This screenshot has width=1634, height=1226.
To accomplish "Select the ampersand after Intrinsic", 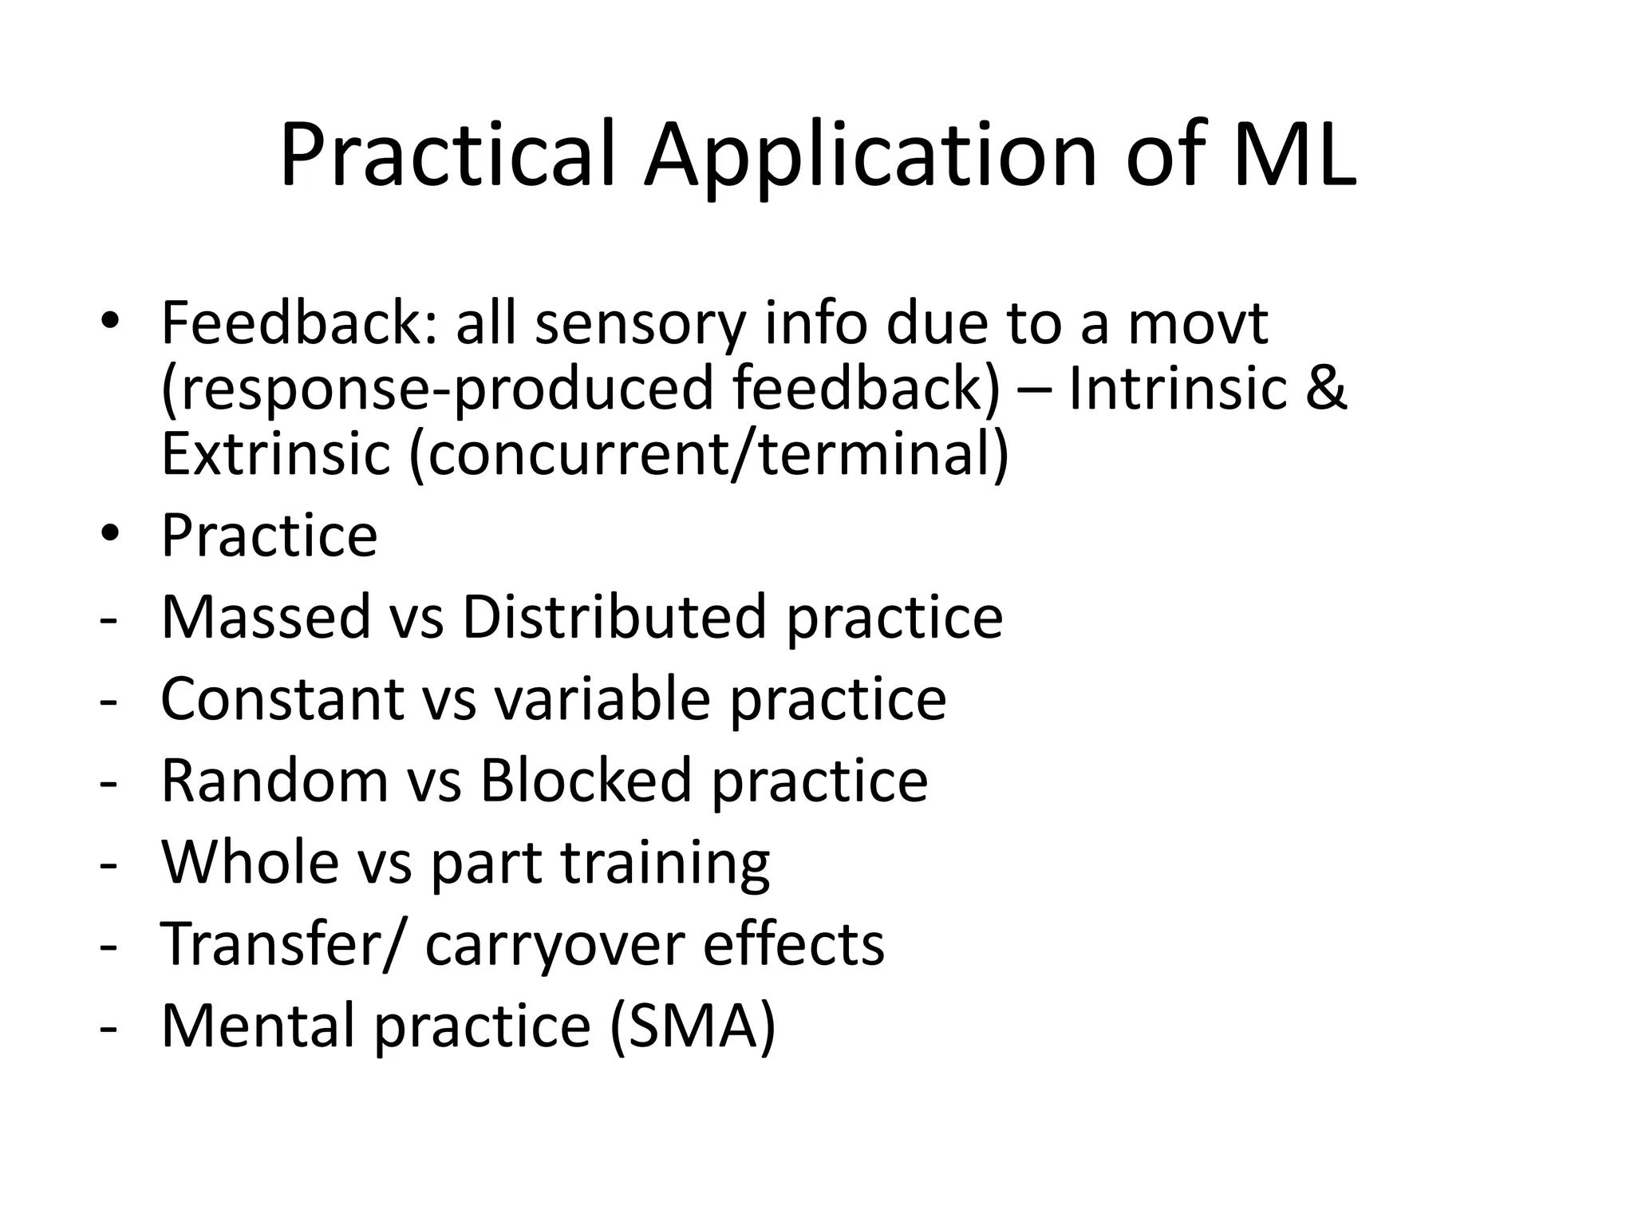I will pos(1326,389).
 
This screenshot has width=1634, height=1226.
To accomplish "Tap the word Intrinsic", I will pos(1178,389).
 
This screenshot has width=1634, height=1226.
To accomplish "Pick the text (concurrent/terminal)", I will pos(709,454).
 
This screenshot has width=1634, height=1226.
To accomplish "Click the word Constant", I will pos(282,698).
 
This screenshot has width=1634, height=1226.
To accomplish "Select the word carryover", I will pos(555,944).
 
